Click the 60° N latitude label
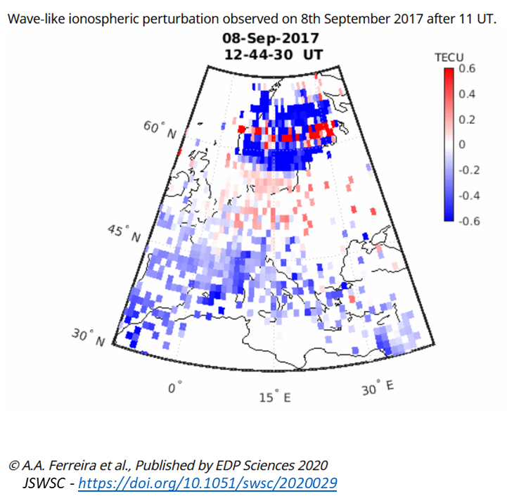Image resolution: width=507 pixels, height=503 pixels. tap(160, 129)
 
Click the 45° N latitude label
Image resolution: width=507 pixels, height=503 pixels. tap(124, 234)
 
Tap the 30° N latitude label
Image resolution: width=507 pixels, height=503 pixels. tap(89, 337)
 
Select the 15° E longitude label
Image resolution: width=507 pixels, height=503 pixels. tap(275, 396)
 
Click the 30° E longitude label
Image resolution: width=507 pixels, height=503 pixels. tap(378, 388)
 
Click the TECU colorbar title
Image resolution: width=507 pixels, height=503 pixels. tap(449, 58)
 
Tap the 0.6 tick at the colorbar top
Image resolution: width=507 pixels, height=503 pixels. tap(467, 68)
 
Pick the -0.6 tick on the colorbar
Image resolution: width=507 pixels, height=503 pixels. tap(469, 222)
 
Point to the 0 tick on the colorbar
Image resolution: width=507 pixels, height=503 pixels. tap(462, 144)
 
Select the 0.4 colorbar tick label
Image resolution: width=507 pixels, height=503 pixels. tap(467, 94)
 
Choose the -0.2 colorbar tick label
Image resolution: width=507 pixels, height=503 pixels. tap(469, 170)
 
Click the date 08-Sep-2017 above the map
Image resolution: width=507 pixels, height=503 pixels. tap(271, 38)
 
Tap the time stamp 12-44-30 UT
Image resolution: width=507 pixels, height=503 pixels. tap(274, 55)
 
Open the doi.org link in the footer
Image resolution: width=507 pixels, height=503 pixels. tap(207, 483)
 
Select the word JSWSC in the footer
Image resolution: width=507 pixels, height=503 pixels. tap(44, 483)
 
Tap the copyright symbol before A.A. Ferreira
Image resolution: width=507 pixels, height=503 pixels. tap(13, 466)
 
